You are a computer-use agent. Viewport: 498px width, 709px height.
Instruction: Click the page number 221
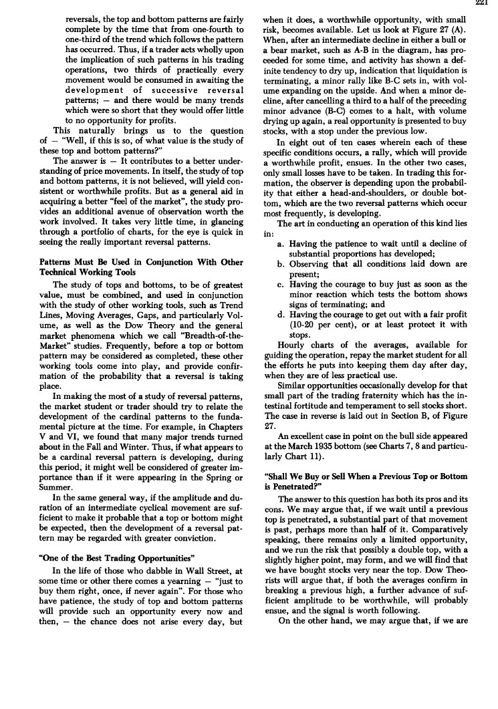tap(489, 3)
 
